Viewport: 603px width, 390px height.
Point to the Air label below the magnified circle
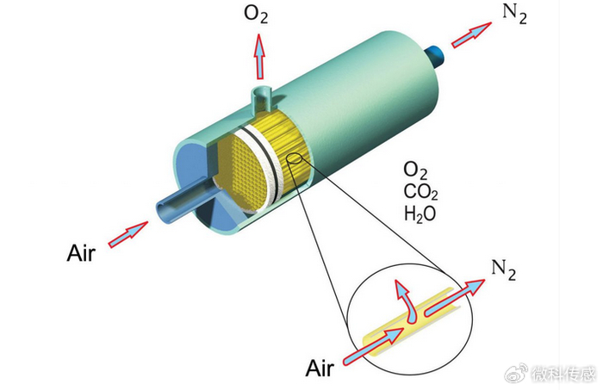click(x=319, y=368)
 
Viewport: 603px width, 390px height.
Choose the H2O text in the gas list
click(x=420, y=212)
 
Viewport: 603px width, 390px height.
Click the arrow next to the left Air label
click(x=127, y=233)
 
